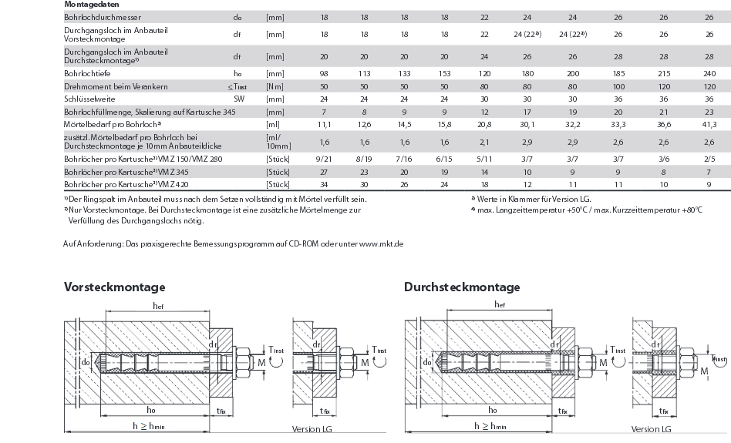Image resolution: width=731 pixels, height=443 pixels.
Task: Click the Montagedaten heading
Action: click(91, 4)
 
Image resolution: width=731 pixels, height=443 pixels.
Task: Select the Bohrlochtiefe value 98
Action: click(324, 72)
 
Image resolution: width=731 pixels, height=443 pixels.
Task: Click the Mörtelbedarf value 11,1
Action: click(324, 124)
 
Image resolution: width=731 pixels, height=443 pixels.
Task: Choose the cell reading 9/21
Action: click(324, 158)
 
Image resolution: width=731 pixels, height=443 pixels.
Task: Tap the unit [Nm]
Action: click(274, 86)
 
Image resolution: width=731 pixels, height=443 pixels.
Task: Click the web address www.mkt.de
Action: click(382, 243)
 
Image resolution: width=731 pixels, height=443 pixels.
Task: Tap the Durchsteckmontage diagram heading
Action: click(462, 287)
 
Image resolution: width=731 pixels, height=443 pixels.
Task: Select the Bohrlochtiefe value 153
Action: click(444, 72)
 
